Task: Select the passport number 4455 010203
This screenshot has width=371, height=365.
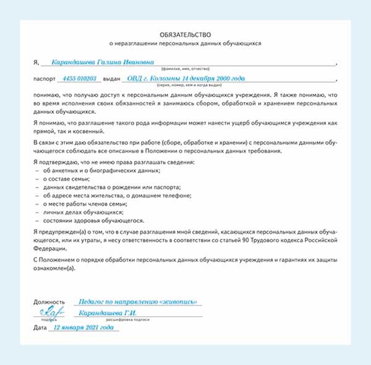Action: coord(80,79)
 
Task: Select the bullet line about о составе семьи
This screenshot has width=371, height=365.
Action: coord(65,178)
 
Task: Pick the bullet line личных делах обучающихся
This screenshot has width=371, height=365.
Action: coord(80,212)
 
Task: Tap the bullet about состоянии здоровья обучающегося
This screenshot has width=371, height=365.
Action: coord(93,221)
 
